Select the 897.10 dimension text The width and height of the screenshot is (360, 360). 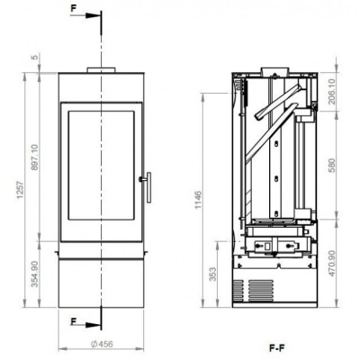pos(35,161)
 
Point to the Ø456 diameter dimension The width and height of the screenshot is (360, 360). pos(102,344)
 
